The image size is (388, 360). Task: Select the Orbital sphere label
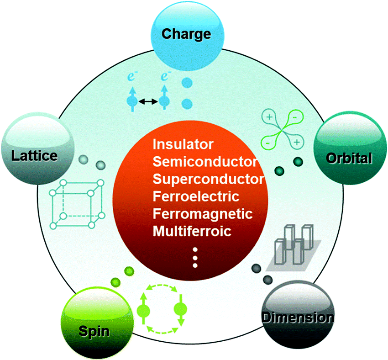tap(349, 158)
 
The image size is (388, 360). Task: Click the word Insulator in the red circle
tap(183, 145)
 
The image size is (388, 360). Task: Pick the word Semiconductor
tap(204, 161)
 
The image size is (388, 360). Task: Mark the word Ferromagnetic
tap(203, 214)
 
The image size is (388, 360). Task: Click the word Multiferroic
tap(192, 231)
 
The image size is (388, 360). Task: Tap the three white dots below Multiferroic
tap(195, 257)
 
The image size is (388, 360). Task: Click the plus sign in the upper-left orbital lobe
tap(269, 117)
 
